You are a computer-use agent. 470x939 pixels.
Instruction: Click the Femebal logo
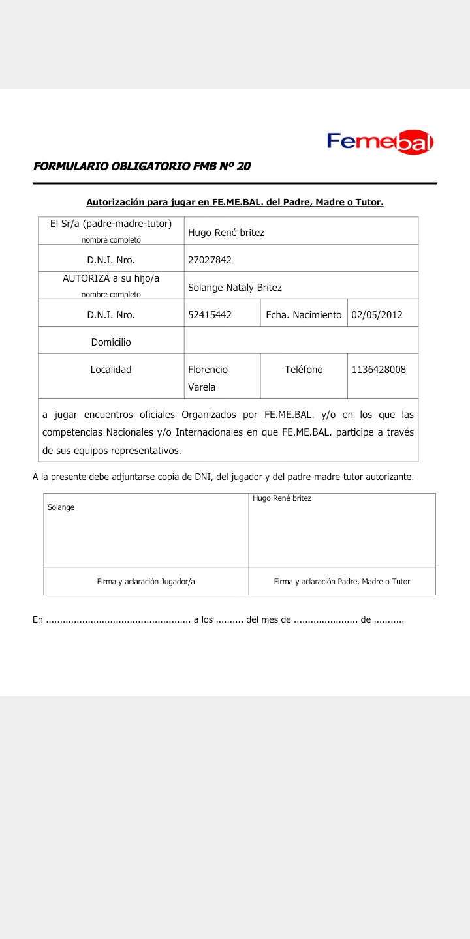coord(380,142)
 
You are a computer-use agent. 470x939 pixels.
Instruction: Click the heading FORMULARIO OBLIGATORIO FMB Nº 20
coord(142,166)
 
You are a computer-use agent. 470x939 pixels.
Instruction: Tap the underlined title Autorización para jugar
coord(234,202)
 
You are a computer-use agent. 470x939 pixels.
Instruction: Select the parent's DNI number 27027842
coord(210,260)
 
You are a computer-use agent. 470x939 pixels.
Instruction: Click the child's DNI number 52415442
coord(210,314)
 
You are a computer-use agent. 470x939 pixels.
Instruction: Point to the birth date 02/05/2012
coord(377,314)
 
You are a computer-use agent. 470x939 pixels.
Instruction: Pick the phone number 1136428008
coord(379,370)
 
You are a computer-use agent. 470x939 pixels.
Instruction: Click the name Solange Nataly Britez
coord(235,287)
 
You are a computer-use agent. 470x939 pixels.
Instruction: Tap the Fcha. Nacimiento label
coord(304,314)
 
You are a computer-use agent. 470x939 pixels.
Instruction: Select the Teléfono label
coord(304,370)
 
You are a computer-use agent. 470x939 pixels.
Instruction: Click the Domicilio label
coord(111,342)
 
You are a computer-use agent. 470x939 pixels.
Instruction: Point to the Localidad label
coord(111,370)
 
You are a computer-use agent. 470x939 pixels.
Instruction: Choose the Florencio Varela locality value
coord(208,378)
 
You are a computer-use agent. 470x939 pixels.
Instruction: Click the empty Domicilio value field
coord(300,340)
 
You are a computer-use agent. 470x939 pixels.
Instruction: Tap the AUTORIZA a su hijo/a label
coord(111,278)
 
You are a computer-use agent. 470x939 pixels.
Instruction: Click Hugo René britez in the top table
coord(226,232)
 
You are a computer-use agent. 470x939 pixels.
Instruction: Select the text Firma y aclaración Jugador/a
coord(146,582)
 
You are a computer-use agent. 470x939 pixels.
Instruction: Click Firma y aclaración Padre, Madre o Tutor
coord(342,582)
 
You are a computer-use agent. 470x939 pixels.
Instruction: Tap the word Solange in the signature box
coord(61,507)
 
